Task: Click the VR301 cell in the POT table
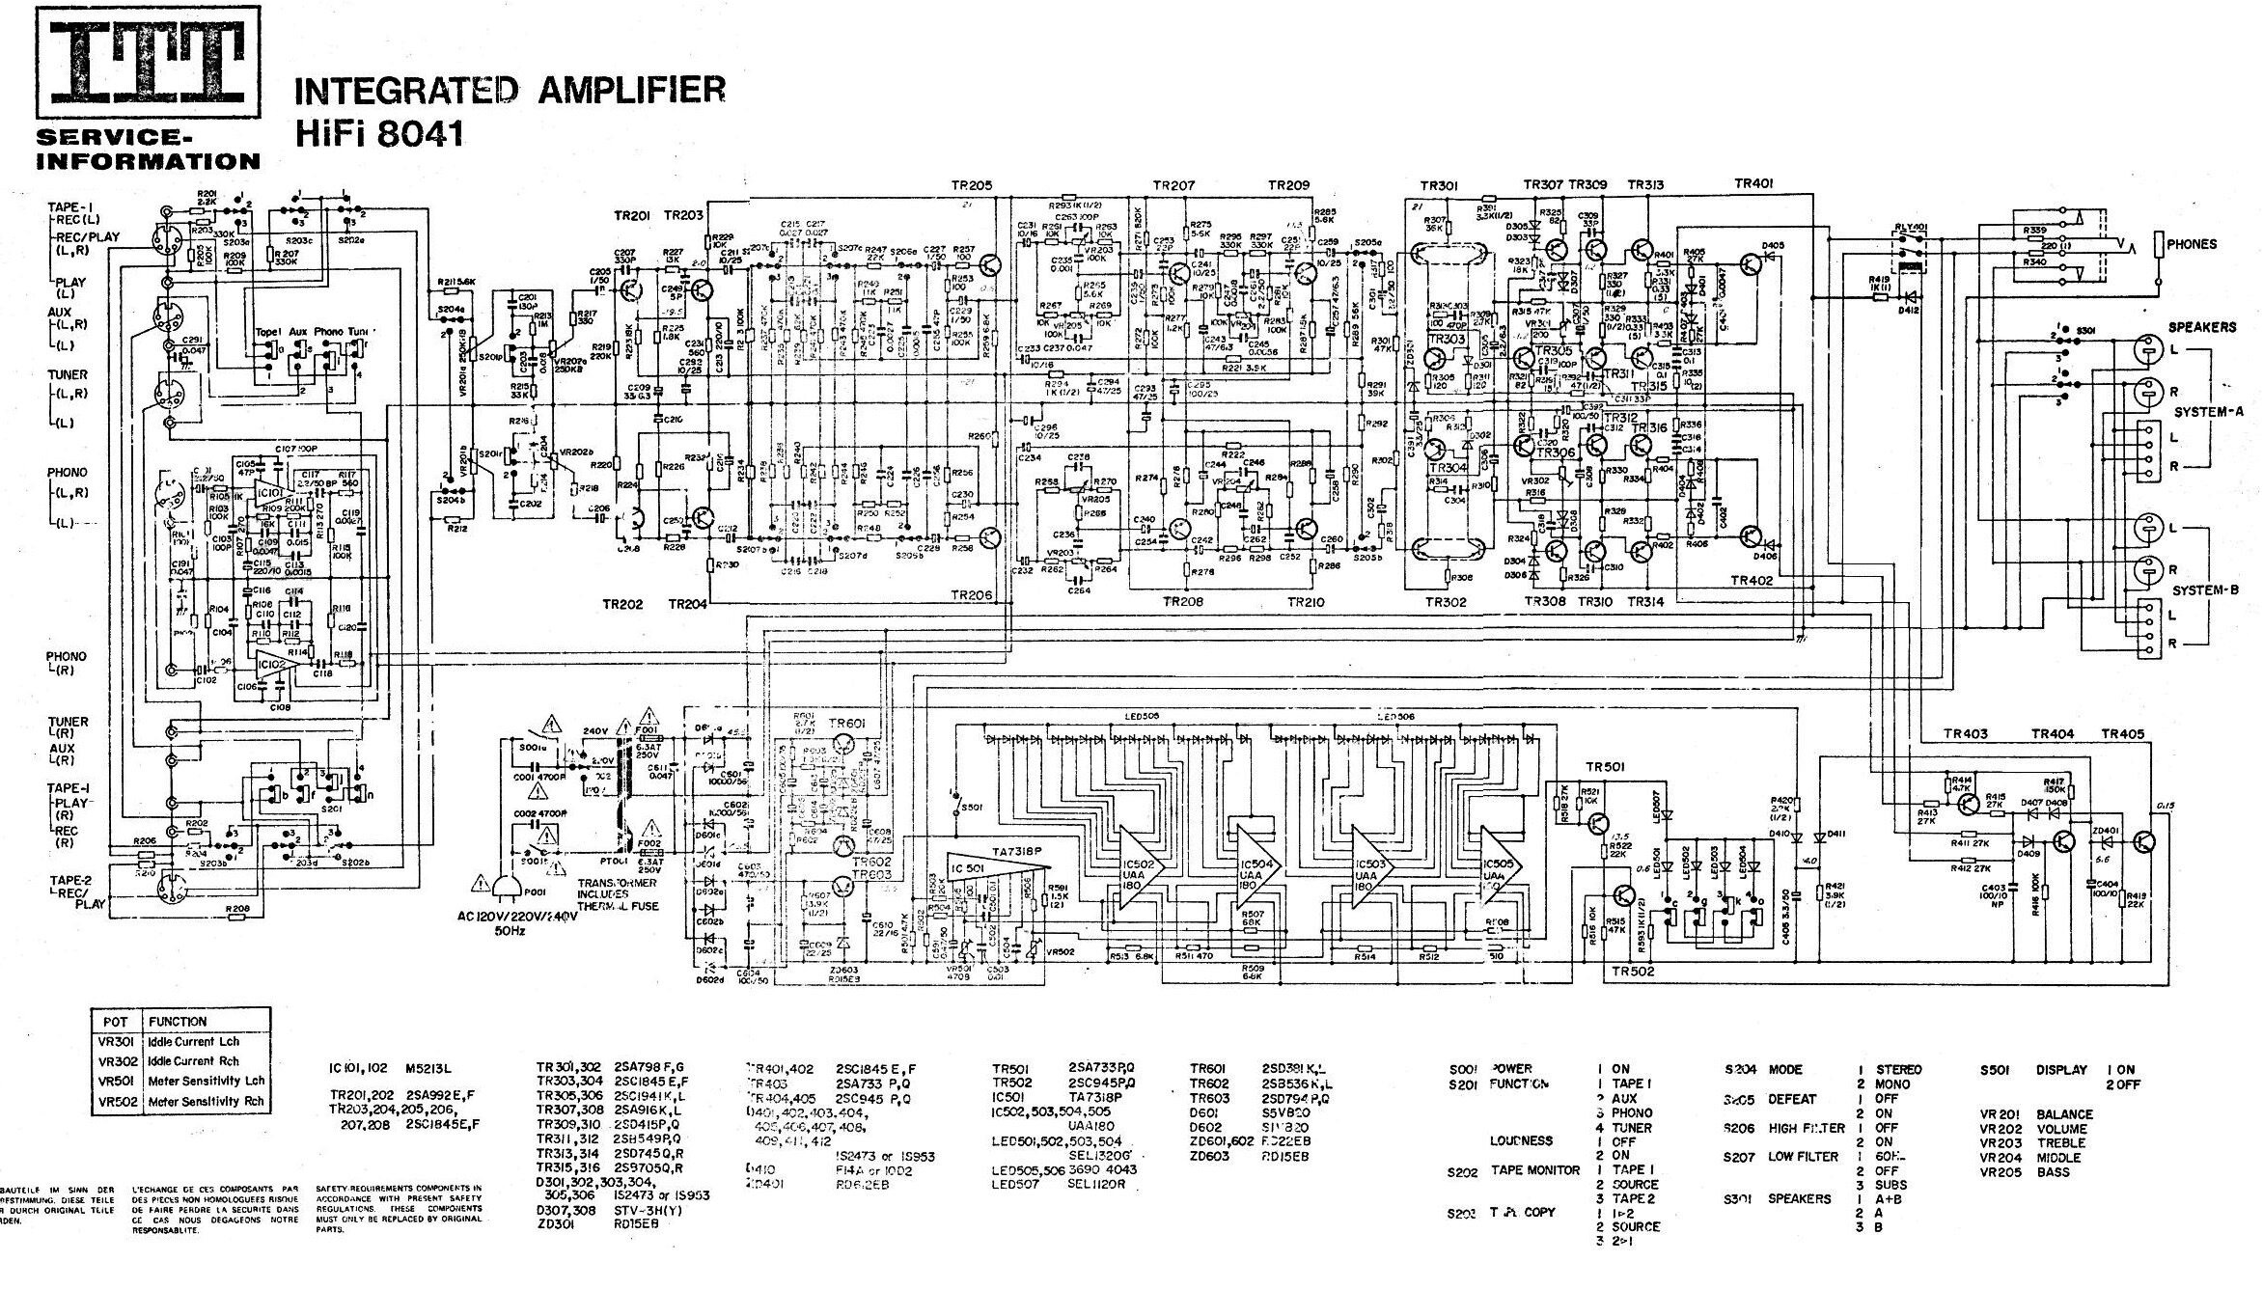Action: tap(114, 1042)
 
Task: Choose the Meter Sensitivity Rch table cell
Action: tap(206, 1102)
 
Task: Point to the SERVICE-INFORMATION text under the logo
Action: tap(147, 151)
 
